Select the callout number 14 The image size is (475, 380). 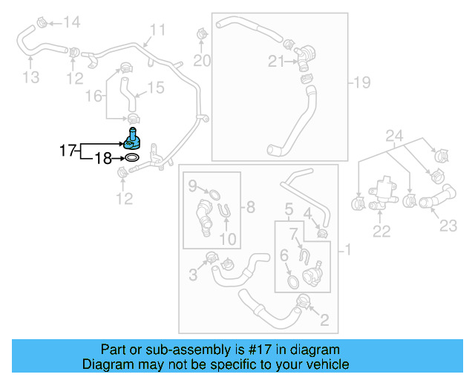71,22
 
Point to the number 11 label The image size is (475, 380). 157,30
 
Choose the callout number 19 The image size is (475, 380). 361,82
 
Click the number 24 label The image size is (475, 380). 393,136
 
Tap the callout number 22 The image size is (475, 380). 381,232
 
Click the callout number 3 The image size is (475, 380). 192,275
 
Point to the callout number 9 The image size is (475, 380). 192,185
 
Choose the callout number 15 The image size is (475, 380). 154,88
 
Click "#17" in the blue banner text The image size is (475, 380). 255,350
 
